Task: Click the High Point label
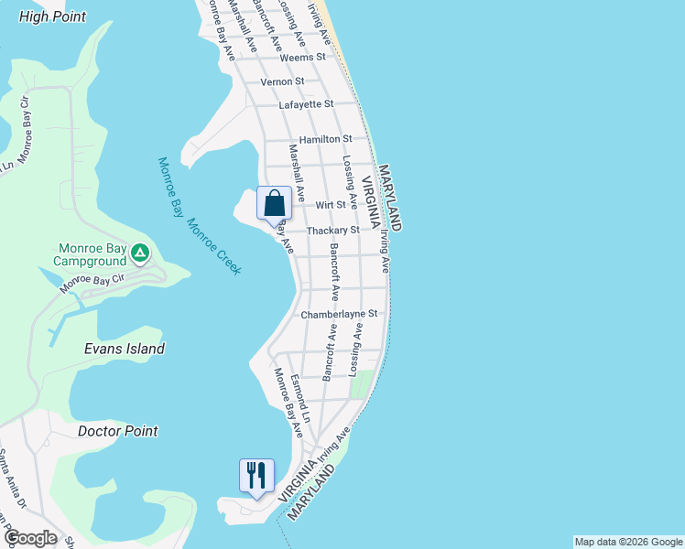coord(52,16)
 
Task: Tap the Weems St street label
coord(303,57)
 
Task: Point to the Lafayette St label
coord(307,105)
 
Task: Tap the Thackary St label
coord(333,231)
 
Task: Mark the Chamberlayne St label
coord(339,314)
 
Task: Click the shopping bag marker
coord(275,203)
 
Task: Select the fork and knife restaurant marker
coord(256,475)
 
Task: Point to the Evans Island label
coord(125,349)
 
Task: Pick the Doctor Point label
coord(118,431)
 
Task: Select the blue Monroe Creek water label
coord(214,247)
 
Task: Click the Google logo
coord(30,538)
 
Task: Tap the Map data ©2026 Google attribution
coord(628,542)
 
